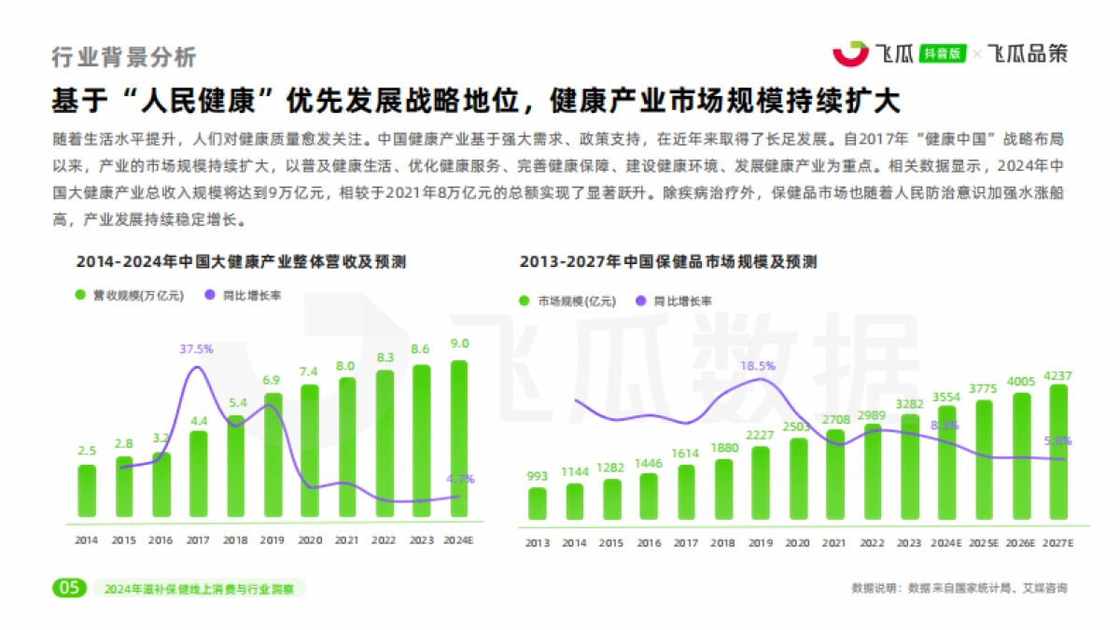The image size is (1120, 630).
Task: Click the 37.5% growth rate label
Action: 197,349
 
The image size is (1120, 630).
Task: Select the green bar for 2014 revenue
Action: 86,491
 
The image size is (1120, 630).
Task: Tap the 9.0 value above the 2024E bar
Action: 459,343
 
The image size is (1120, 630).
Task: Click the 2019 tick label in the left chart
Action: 272,539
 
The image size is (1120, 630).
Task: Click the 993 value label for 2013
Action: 537,475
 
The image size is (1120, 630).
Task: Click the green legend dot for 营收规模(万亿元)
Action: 80,295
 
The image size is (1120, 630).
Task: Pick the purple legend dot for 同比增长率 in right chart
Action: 640,301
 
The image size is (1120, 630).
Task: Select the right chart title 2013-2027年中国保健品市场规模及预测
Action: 668,262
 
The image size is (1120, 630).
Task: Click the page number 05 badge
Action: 68,588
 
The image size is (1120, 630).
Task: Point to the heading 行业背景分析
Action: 124,57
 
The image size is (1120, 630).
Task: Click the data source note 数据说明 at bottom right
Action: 959,588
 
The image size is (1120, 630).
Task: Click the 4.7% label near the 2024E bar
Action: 460,479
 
